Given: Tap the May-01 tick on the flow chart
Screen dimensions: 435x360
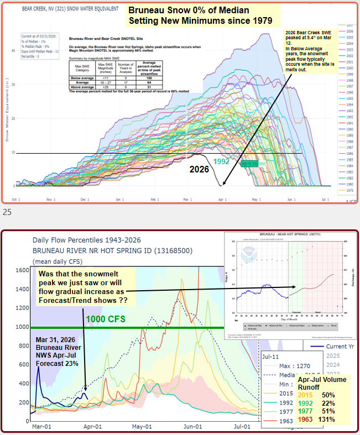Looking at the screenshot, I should (142, 427).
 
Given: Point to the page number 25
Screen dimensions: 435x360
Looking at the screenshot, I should (7, 211).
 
